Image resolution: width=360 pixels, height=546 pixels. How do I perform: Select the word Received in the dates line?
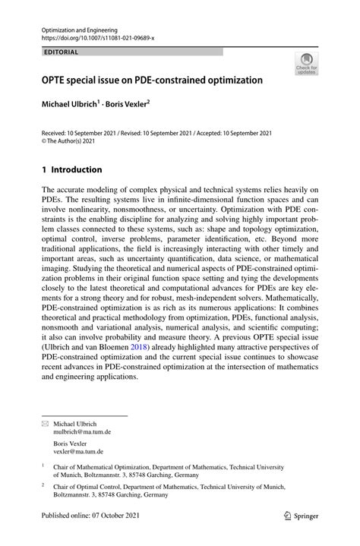[x=56, y=131]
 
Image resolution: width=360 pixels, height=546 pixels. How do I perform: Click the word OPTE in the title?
[x=55, y=80]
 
